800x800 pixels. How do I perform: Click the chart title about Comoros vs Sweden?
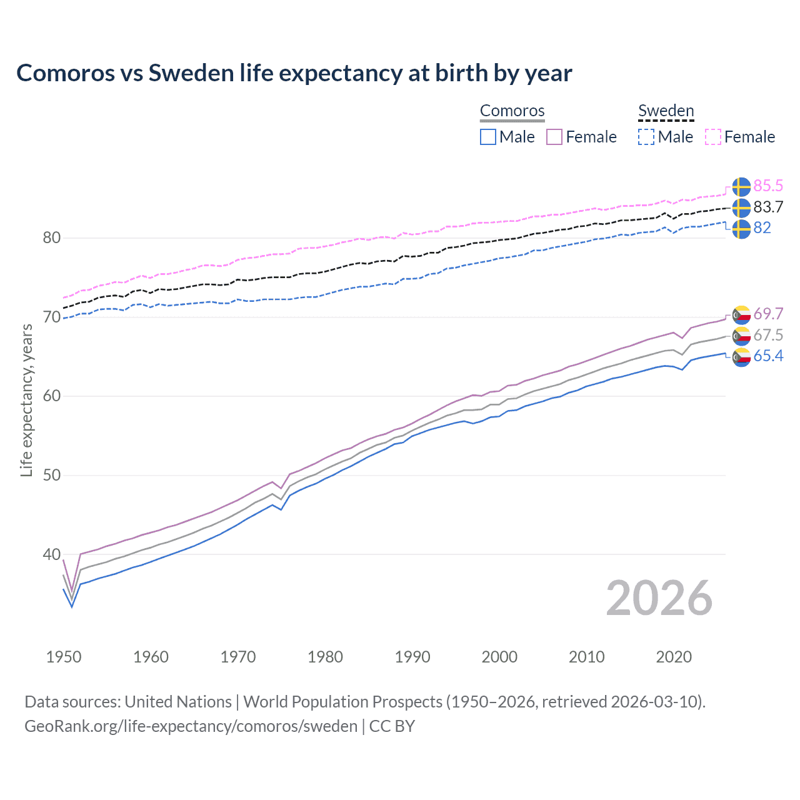tap(294, 73)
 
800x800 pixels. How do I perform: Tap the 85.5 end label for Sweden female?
tap(768, 186)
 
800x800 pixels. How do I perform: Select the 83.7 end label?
tap(768, 207)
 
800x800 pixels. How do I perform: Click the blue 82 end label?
tap(762, 227)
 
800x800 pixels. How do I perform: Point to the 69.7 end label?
tap(768, 314)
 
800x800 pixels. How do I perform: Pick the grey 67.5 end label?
tap(768, 335)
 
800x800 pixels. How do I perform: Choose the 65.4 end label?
tap(768, 356)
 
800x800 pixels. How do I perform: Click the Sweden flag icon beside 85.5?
tap(741, 186)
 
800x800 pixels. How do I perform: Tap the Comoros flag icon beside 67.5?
tap(741, 336)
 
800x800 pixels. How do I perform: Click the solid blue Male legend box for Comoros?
tap(488, 137)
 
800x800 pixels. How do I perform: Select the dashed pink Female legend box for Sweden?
tap(713, 137)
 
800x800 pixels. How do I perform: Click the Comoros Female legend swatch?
tap(554, 137)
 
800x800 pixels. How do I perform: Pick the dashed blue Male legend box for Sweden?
tap(646, 137)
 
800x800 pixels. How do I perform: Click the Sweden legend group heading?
tap(666, 111)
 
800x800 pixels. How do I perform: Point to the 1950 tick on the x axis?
tap(64, 657)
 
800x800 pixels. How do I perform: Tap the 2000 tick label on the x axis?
tap(499, 657)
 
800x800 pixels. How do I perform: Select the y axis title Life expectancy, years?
tap(26, 400)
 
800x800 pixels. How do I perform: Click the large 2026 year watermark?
tap(659, 598)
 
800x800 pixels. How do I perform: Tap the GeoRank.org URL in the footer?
tap(191, 726)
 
